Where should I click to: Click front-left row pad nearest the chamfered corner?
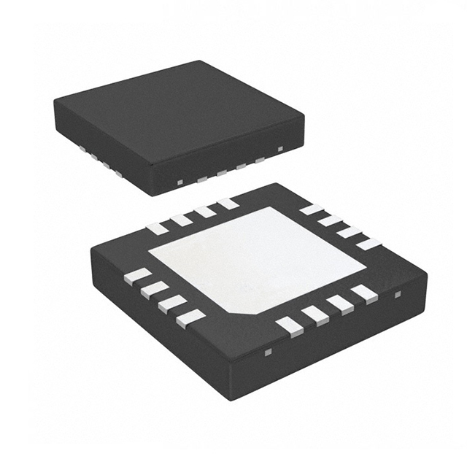[x=192, y=317]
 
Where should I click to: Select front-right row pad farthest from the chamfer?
[x=363, y=293]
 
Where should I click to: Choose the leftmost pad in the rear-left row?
[x=157, y=228]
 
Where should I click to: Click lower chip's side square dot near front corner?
[x=267, y=353]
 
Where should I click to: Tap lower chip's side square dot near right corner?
[x=398, y=295]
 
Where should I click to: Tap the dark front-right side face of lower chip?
[x=343, y=336]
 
